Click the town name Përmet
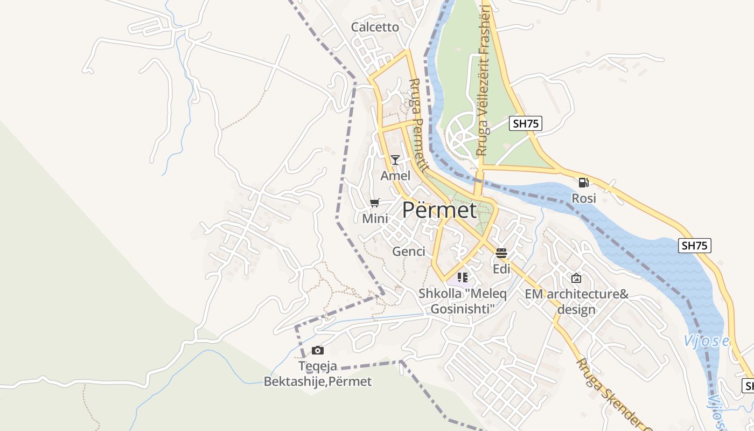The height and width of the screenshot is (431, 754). (x=439, y=210)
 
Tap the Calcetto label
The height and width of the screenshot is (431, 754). (x=375, y=27)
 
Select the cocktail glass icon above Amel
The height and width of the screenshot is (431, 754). (x=395, y=160)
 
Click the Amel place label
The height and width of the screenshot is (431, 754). (x=395, y=176)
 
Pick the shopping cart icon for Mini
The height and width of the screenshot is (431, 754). (x=375, y=203)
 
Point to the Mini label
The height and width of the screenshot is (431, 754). (x=375, y=218)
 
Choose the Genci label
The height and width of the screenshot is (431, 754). (x=409, y=251)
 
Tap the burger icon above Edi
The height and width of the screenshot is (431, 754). (x=501, y=253)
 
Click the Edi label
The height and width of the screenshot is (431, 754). (x=501, y=268)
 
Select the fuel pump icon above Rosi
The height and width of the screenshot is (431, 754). (x=583, y=183)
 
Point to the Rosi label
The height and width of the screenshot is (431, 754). (x=584, y=198)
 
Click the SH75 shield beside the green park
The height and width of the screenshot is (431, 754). (x=526, y=123)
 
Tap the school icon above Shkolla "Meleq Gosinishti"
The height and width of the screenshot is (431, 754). (x=462, y=277)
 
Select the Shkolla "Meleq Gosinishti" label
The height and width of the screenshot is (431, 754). (x=463, y=302)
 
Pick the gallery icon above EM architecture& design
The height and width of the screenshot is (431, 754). (x=576, y=278)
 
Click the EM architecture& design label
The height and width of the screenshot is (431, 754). (x=576, y=302)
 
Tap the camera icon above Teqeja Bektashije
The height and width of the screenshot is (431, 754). (x=318, y=350)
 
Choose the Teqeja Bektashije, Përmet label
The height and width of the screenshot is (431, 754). (x=318, y=374)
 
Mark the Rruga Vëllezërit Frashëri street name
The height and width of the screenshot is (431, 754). (x=483, y=81)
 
